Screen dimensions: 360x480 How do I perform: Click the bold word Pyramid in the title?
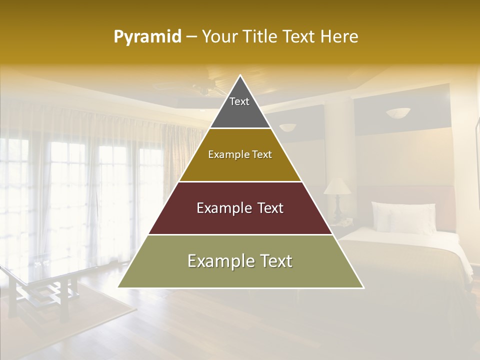tap(147, 37)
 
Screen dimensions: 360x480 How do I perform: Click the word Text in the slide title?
tap(300, 37)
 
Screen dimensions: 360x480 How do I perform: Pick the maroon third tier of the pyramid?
tap(240, 220)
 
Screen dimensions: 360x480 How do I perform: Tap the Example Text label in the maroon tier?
tap(240, 208)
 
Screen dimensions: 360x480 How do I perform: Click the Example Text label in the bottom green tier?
tap(240, 261)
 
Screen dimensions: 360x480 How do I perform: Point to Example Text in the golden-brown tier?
tap(240, 154)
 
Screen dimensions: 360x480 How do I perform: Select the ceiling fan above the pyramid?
tap(210, 88)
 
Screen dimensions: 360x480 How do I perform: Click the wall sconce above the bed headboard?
tap(397, 113)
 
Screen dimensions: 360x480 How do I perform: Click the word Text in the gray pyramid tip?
tap(239, 101)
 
